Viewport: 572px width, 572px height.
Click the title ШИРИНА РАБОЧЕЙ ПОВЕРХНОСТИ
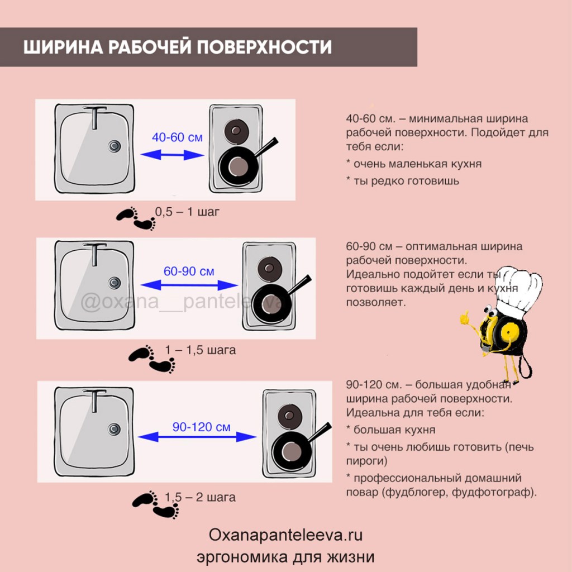pos(178,47)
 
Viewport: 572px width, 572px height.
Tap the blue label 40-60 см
pos(177,137)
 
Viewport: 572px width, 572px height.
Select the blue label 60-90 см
pos(189,271)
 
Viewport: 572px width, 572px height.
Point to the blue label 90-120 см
pos(201,427)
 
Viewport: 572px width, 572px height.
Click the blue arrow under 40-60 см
pos(170,156)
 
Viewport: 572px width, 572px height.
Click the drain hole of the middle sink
pos(115,282)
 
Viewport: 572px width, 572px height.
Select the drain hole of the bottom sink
pos(115,430)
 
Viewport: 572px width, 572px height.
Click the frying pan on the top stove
pos(237,165)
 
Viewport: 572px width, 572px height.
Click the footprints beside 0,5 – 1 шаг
pos(135,219)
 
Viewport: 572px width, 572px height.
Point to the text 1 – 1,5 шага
pos(200,350)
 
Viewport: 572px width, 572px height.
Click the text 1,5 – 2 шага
pos(200,497)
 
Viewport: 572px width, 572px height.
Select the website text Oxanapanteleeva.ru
pos(285,535)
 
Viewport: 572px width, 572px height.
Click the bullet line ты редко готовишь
pos(402,180)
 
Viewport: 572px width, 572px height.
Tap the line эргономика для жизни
pos(285,557)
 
